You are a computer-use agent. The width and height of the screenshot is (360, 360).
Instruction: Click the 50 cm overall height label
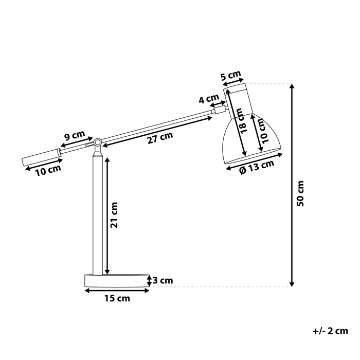click(x=301, y=194)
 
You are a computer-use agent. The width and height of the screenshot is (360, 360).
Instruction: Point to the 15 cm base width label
click(x=118, y=298)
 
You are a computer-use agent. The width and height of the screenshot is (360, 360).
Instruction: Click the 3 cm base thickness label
click(x=163, y=280)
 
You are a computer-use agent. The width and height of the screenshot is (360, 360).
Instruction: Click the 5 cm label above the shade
click(x=231, y=77)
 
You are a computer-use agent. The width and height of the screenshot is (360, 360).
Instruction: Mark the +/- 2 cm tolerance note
click(x=330, y=331)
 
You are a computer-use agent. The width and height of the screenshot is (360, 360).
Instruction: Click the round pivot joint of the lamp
click(x=97, y=141)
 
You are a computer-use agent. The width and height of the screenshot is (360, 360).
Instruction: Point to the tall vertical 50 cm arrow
click(x=292, y=185)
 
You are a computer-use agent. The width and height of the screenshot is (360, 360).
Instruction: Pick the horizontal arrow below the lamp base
click(x=117, y=291)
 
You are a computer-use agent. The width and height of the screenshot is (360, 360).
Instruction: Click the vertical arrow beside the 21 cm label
click(x=106, y=215)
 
